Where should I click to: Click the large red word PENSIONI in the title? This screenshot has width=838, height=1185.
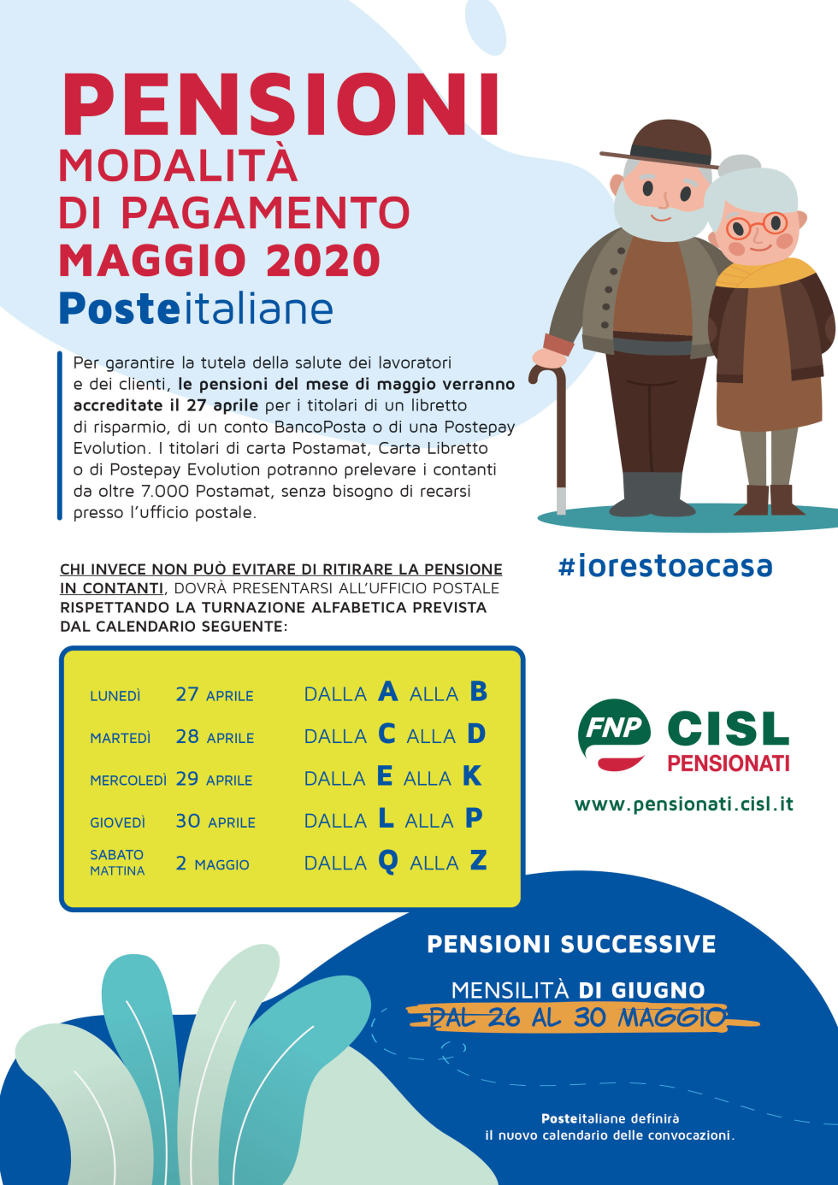[280, 104]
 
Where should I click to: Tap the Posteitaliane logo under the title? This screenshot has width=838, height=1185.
[196, 309]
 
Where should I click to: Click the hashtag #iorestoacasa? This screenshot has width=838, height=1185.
[665, 566]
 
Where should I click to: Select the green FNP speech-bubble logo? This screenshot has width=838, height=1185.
[614, 734]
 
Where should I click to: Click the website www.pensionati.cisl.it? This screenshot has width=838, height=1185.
[684, 804]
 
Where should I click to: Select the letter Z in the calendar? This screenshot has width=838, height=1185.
[478, 860]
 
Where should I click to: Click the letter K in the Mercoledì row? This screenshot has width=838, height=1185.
[472, 776]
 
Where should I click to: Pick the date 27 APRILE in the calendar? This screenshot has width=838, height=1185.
[215, 694]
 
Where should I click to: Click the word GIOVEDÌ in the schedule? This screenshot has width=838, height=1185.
[117, 822]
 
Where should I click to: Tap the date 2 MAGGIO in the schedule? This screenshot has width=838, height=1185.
[212, 864]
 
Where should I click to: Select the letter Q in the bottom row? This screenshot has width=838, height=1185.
[387, 862]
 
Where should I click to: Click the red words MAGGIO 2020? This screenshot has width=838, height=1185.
[220, 260]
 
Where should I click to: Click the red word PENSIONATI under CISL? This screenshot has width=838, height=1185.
[729, 763]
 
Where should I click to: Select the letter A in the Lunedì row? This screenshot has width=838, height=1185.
[387, 692]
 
